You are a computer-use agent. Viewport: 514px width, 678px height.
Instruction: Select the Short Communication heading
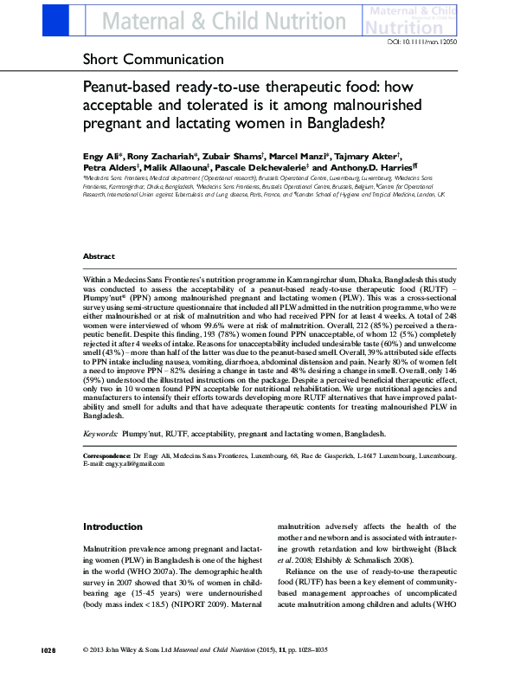[x=152, y=60]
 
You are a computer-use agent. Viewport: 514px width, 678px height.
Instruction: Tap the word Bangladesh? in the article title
[x=336, y=122]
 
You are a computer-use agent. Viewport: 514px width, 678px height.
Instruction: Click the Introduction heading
[x=112, y=526]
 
